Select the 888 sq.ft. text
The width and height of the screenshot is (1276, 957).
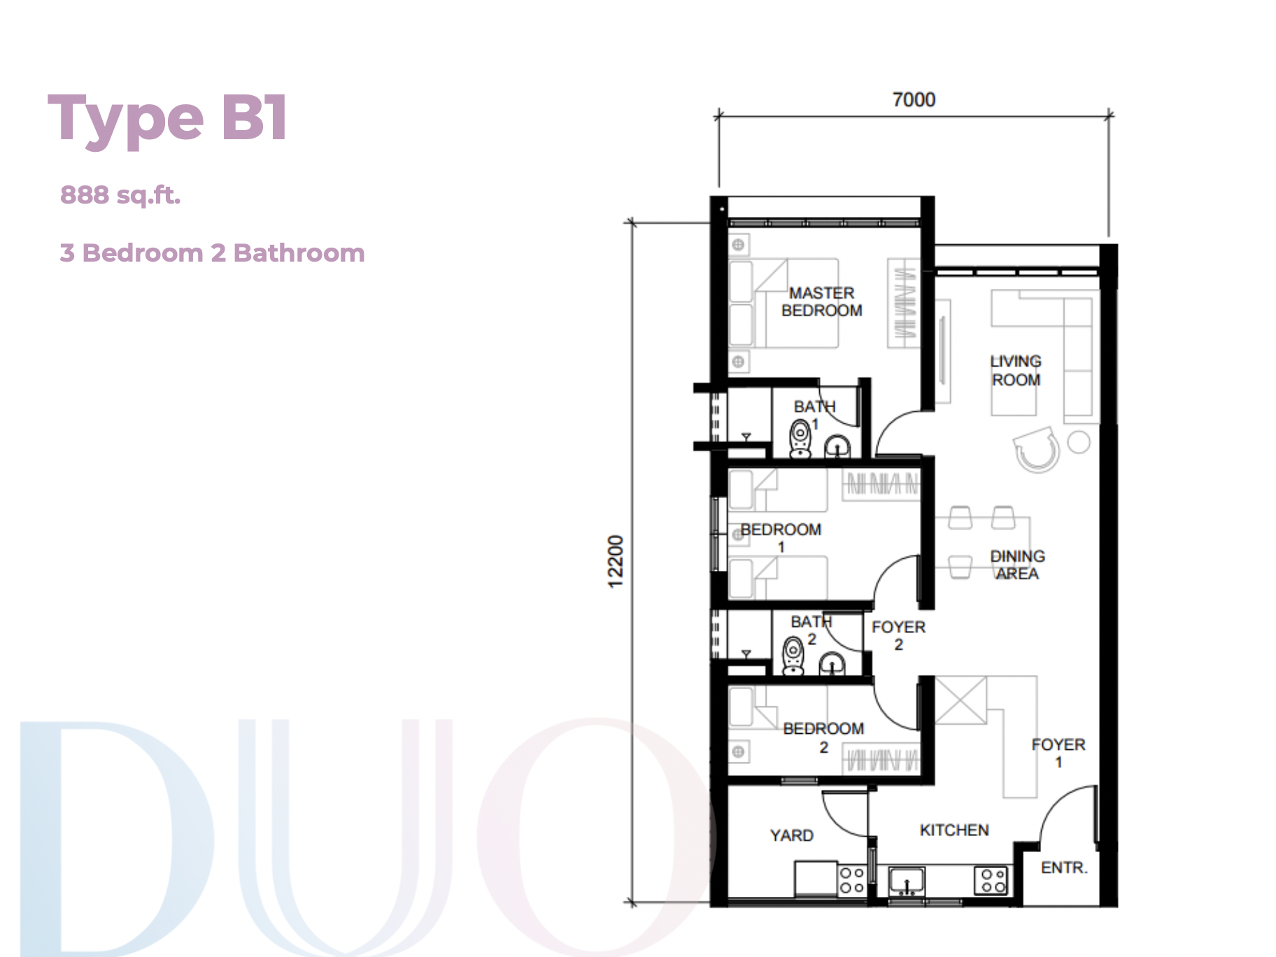[x=120, y=195]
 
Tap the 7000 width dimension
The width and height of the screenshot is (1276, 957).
[x=914, y=99]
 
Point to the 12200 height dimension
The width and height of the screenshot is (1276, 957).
[x=615, y=561]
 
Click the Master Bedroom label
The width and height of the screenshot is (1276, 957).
[x=822, y=302]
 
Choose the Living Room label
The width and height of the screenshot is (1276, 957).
[x=1016, y=371]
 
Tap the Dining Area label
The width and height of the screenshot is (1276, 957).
[x=1017, y=565]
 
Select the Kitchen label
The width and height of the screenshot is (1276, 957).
[x=954, y=830]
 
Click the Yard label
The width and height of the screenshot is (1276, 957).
[x=792, y=835]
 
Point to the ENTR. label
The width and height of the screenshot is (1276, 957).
[x=1064, y=867]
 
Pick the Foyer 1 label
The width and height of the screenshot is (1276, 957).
[x=1058, y=753]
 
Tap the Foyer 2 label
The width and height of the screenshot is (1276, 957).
[x=898, y=635]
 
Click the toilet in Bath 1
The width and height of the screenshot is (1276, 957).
[x=800, y=439]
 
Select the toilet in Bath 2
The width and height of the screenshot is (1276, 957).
[x=793, y=655]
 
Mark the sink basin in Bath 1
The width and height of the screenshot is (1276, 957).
[x=837, y=446]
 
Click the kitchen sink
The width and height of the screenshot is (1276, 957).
[x=907, y=881]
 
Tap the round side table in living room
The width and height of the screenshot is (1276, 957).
[x=1079, y=441]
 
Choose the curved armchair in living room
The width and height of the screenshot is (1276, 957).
[x=1036, y=449]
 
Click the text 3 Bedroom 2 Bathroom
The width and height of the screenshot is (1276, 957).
[x=212, y=253]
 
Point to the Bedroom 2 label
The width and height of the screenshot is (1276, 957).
[x=823, y=737]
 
